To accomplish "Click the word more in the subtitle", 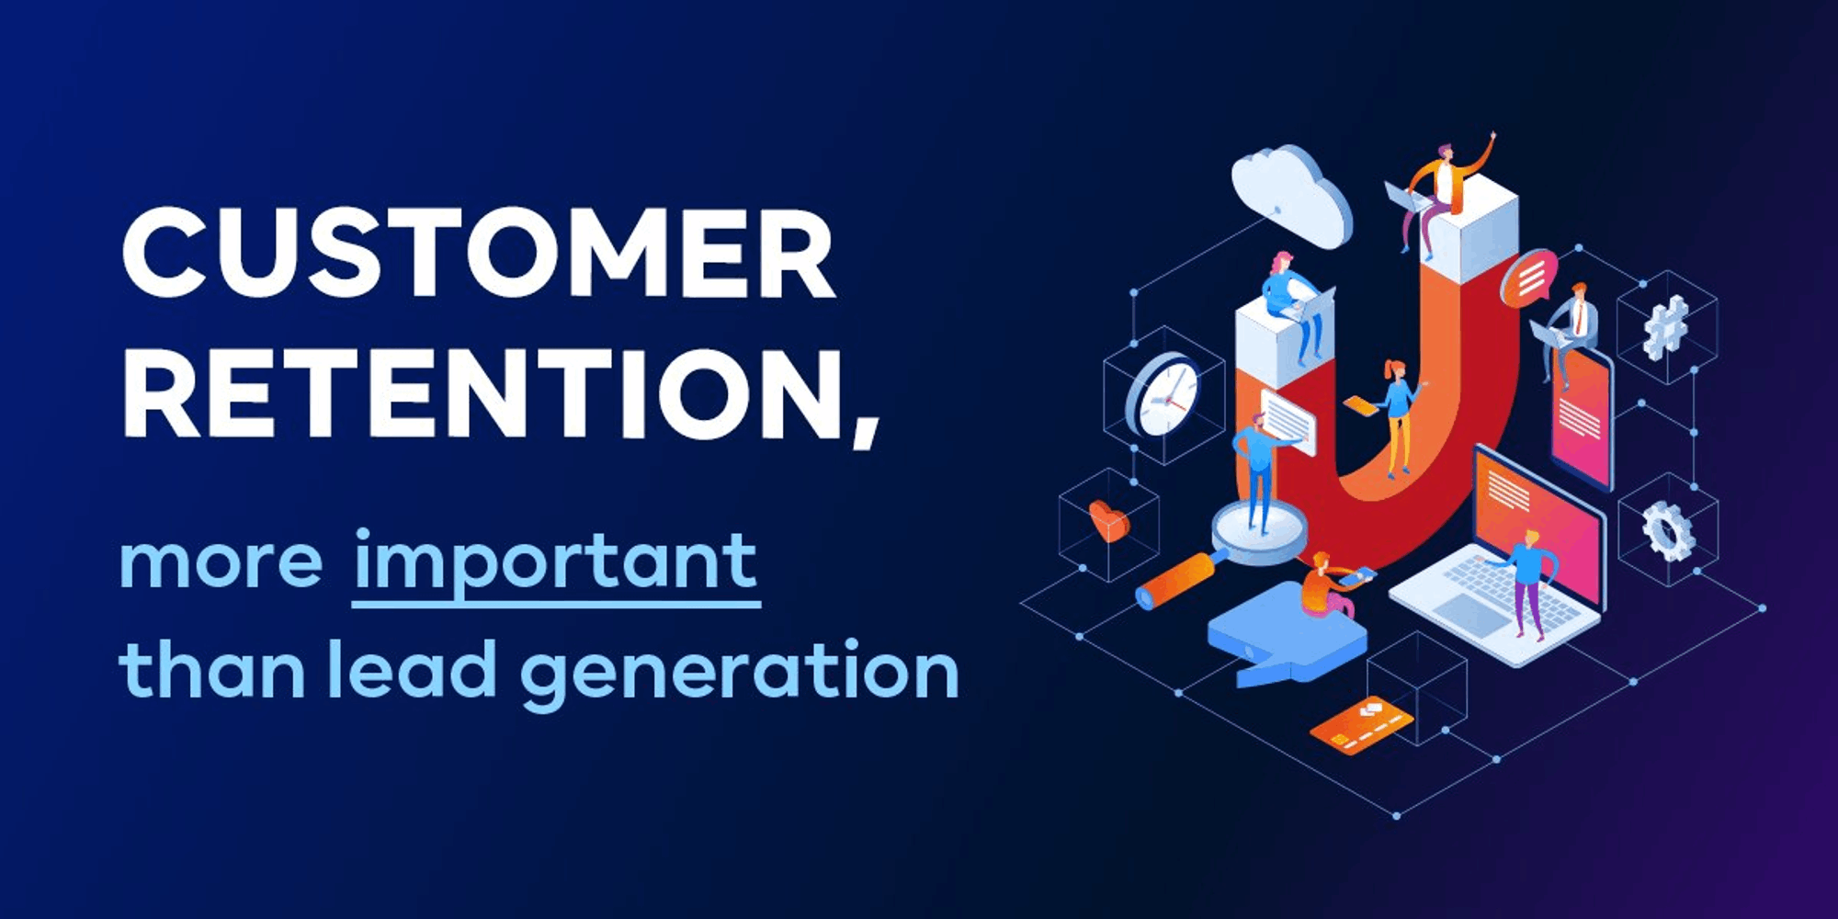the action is click(x=221, y=562).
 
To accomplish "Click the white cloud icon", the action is click(x=1290, y=195).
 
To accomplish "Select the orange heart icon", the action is click(x=1108, y=521).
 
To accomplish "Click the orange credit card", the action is click(x=1361, y=725).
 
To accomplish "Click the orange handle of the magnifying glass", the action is click(x=1175, y=580).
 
